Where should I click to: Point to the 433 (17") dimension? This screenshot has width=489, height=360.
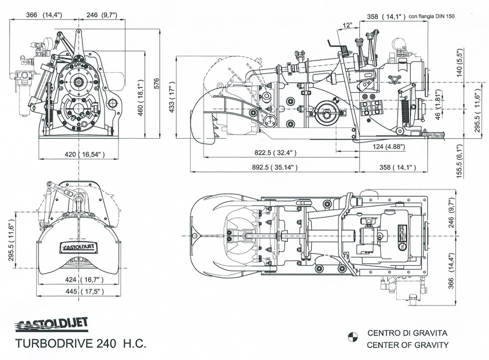pos(172,98)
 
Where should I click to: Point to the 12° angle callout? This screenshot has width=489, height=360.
pos(348,25)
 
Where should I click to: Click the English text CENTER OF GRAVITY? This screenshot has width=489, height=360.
pos(408,345)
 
